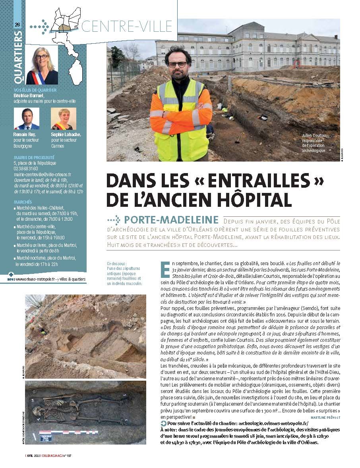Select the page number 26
[x=17, y=25]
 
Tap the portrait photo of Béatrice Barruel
[x=42, y=65]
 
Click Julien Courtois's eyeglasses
[x=177, y=64]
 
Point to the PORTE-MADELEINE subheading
[x=171, y=220]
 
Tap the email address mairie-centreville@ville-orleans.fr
[x=42, y=174]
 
